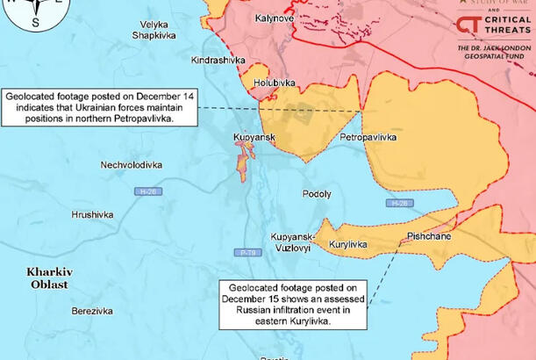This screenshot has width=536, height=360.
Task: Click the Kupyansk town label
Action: click(x=254, y=138)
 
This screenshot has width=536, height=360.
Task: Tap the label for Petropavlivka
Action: click(x=368, y=139)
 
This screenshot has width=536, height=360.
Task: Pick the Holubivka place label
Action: click(x=273, y=83)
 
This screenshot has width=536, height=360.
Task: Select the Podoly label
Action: click(x=317, y=194)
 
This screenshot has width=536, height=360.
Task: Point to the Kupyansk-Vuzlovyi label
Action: click(x=291, y=242)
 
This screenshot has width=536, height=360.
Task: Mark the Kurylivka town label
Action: click(x=348, y=245)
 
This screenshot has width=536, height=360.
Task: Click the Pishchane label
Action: click(x=429, y=237)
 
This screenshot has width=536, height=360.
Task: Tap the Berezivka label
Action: click(x=92, y=311)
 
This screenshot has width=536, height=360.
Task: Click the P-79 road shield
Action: click(x=247, y=253)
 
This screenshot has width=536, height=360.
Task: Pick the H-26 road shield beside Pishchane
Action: click(x=398, y=204)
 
